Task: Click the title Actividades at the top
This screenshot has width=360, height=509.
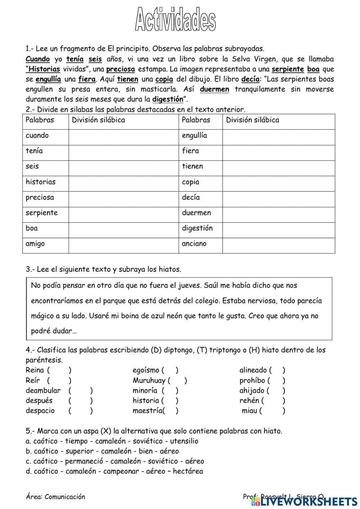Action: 175,20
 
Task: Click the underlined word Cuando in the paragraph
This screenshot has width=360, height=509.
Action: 38,59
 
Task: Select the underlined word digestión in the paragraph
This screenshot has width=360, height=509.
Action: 167,99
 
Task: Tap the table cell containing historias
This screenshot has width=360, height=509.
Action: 45,182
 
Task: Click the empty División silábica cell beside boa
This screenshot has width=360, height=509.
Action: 123,228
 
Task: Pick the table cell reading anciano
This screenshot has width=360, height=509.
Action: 201,244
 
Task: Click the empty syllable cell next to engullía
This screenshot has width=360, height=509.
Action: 278,136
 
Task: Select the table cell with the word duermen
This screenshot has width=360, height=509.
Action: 201,213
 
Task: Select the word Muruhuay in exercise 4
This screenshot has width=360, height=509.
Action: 149,380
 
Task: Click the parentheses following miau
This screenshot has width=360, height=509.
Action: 272,411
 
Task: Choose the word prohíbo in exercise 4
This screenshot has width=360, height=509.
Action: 252,380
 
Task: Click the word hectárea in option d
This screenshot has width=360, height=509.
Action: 188,472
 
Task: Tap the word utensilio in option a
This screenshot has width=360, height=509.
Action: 184,441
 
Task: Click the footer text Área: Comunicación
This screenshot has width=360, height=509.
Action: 55,497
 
